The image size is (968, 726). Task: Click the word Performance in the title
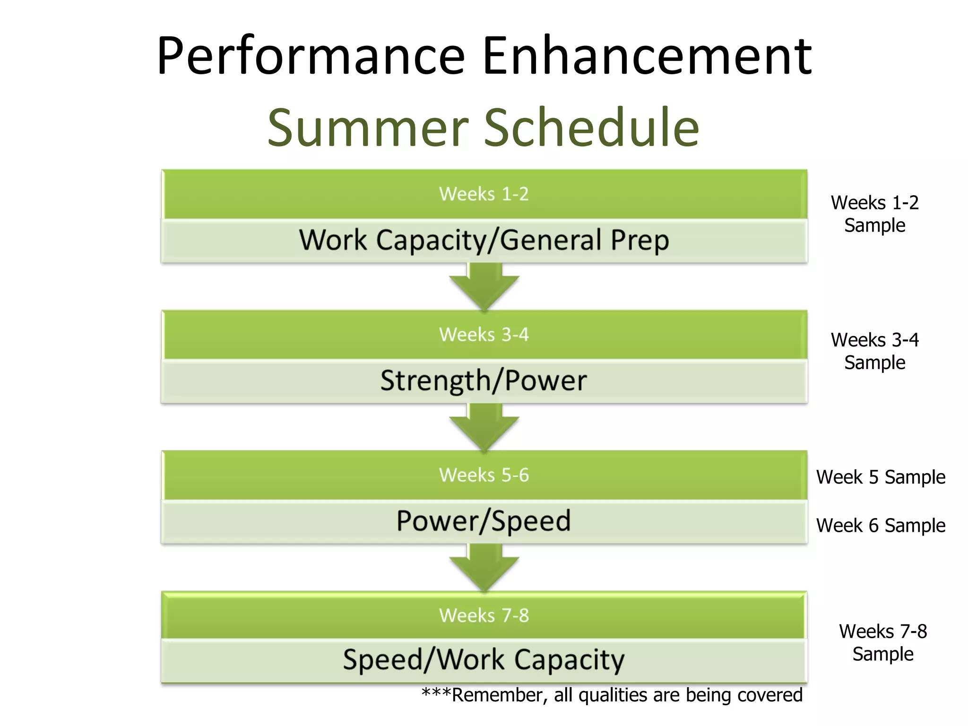[311, 57]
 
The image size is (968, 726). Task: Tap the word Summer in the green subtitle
[368, 128]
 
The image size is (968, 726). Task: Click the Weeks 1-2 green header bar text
[484, 194]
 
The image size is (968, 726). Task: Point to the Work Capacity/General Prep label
[484, 240]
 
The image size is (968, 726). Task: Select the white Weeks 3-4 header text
[484, 335]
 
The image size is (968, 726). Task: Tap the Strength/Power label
[484, 380]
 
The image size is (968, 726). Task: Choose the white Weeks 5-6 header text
[484, 475]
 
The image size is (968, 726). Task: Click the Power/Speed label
[484, 521]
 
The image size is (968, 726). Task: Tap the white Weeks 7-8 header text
[484, 615]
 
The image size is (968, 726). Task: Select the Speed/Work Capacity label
[484, 660]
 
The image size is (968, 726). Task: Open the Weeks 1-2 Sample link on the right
[874, 214]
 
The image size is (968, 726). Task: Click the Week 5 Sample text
[881, 477]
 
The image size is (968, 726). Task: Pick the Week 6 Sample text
[881, 526]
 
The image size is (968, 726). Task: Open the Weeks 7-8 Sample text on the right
[882, 643]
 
